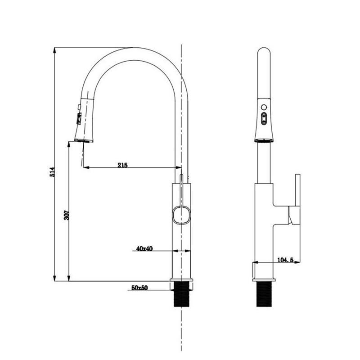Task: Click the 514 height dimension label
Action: [51, 171]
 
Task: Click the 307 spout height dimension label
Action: [66, 216]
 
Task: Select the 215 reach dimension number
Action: [122, 165]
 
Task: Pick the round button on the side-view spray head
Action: [264, 108]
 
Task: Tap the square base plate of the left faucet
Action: [181, 284]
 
